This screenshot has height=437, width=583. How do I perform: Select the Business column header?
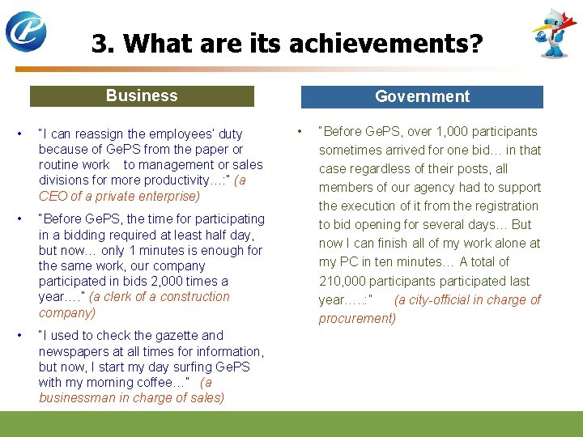(x=142, y=95)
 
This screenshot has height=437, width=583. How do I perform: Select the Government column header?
(x=422, y=96)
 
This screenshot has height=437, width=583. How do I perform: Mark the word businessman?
(x=78, y=397)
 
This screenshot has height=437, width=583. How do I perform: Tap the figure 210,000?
(x=343, y=281)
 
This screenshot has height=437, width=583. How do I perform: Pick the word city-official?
(x=458, y=299)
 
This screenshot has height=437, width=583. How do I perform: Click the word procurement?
(x=357, y=318)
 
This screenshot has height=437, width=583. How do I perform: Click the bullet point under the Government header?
(x=299, y=130)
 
